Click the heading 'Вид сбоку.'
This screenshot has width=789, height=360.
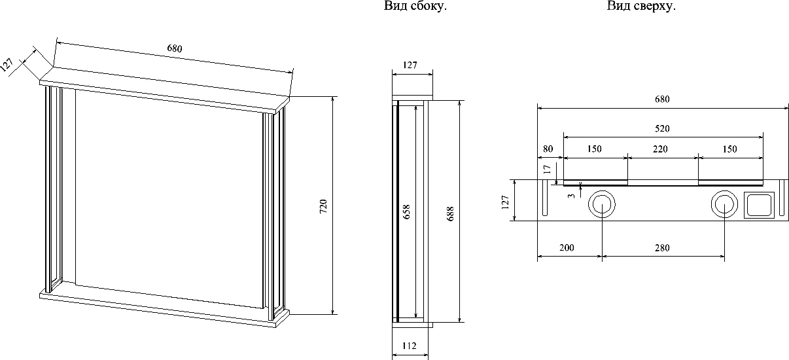(415, 6)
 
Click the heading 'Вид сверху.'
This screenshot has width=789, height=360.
(641, 6)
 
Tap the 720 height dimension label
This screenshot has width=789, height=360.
(323, 206)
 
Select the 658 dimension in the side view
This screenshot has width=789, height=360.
(406, 211)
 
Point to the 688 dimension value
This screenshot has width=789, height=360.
(450, 214)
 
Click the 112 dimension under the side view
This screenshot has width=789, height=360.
(410, 346)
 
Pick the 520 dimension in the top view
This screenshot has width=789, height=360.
(662, 128)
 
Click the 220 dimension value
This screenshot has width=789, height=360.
(660, 149)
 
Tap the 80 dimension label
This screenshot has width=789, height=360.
(548, 149)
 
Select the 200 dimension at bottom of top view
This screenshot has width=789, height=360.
(567, 248)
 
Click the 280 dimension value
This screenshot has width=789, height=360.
(662, 248)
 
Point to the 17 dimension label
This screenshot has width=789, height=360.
(547, 170)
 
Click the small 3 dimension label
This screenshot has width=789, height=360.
(571, 196)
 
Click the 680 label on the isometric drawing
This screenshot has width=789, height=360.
(175, 48)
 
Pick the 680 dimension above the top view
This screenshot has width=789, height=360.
(662, 99)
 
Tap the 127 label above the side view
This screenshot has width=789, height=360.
(410, 65)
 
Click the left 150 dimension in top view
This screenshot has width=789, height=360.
(594, 149)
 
